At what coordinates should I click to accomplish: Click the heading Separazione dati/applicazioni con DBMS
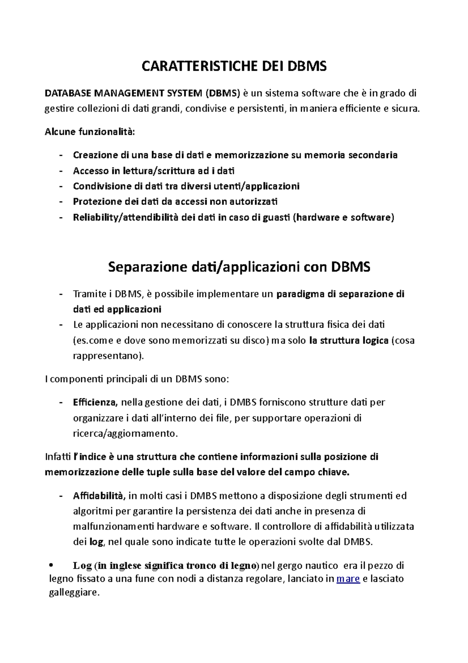click(x=239, y=267)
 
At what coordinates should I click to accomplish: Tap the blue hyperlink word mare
click(x=348, y=578)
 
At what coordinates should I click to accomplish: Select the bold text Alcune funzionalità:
click(x=90, y=132)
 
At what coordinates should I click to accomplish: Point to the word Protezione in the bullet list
click(x=97, y=201)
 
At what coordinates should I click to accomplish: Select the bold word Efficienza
click(x=95, y=402)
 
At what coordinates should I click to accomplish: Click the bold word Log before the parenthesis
click(x=82, y=565)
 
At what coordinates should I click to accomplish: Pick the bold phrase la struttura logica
click(x=349, y=340)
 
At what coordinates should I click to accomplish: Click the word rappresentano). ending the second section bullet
click(x=108, y=356)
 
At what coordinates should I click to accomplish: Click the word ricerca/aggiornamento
click(x=125, y=433)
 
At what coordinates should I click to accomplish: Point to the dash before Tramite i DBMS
click(x=60, y=294)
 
